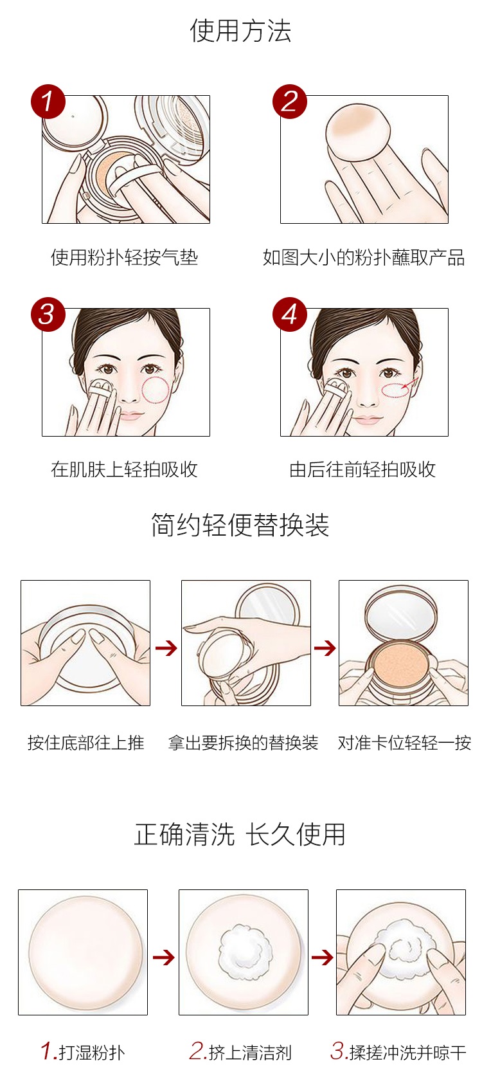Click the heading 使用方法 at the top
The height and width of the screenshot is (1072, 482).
pos(240,31)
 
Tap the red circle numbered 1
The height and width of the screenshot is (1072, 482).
pos(48,102)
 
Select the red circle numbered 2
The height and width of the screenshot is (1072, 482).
pos(289,102)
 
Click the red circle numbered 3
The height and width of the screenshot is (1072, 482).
pos(48,314)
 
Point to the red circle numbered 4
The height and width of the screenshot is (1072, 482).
pos(289,314)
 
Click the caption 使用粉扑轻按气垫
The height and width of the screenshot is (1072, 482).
pos(124,257)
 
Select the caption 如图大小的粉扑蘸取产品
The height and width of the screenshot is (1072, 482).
pos(363,257)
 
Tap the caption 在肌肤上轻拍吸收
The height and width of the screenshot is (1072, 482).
pos(124,469)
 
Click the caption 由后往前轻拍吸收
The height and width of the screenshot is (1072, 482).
pos(362,469)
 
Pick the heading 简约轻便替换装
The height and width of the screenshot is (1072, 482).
pos(240,525)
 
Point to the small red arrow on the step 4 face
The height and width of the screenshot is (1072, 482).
pos(410,384)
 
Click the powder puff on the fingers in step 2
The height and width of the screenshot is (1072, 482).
pos(358,132)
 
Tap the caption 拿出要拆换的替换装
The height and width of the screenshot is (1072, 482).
pos(243,743)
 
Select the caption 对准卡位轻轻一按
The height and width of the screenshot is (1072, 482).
pos(404,743)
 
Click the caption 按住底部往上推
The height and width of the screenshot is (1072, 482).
pos(86,743)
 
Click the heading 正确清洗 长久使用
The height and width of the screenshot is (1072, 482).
pos(240,835)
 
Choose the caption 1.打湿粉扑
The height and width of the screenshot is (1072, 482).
pos(83,1052)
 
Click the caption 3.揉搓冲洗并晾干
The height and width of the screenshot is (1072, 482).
pos(398,1052)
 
